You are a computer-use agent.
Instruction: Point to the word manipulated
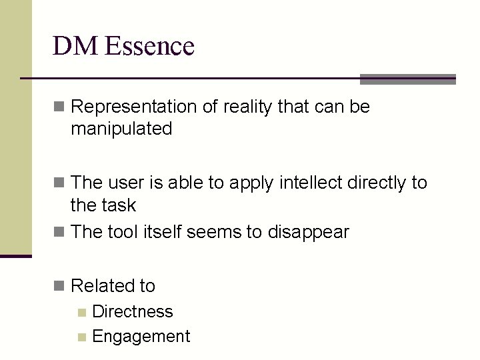(x=121, y=129)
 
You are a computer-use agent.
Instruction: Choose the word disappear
(x=308, y=233)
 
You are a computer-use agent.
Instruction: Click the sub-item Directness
(x=133, y=311)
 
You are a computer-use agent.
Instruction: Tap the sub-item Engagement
(x=141, y=337)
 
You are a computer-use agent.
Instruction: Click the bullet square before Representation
(x=59, y=107)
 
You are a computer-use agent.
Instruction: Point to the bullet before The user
(x=59, y=182)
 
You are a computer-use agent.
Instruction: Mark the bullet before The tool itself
(x=59, y=232)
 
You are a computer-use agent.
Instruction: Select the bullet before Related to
(x=59, y=286)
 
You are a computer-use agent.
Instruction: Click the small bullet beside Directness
(x=82, y=312)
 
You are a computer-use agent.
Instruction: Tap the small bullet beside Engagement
(x=82, y=337)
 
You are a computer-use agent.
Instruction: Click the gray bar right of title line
(x=407, y=79)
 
